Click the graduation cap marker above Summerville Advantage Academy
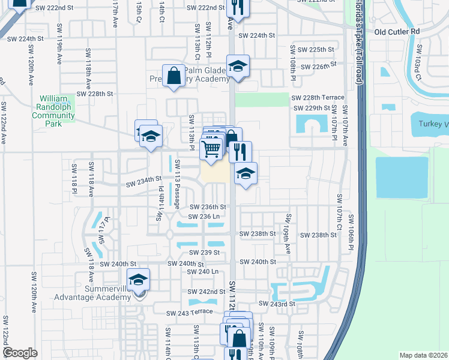(x=138, y=280)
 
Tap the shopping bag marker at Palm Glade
(x=173, y=76)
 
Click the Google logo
(x=20, y=353)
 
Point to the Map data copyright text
(x=423, y=355)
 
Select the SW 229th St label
(x=312, y=108)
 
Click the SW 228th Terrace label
(x=318, y=97)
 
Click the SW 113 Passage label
(x=178, y=183)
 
